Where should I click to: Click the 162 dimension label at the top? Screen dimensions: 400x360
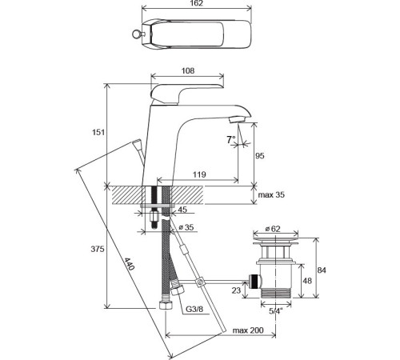[x=197, y=3]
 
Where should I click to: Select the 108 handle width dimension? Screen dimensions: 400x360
[x=188, y=70]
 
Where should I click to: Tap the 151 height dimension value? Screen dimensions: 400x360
[x=98, y=132]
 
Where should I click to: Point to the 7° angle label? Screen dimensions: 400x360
[x=231, y=139]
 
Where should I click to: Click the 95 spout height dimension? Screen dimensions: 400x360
[x=259, y=155]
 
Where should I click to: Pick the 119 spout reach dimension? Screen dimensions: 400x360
[x=199, y=174]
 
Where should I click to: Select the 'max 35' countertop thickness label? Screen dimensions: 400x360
[x=271, y=194]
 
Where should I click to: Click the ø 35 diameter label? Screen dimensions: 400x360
[x=186, y=227]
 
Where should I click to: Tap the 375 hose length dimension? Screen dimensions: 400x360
[x=98, y=249]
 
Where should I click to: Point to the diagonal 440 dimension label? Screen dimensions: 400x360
[x=129, y=264]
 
